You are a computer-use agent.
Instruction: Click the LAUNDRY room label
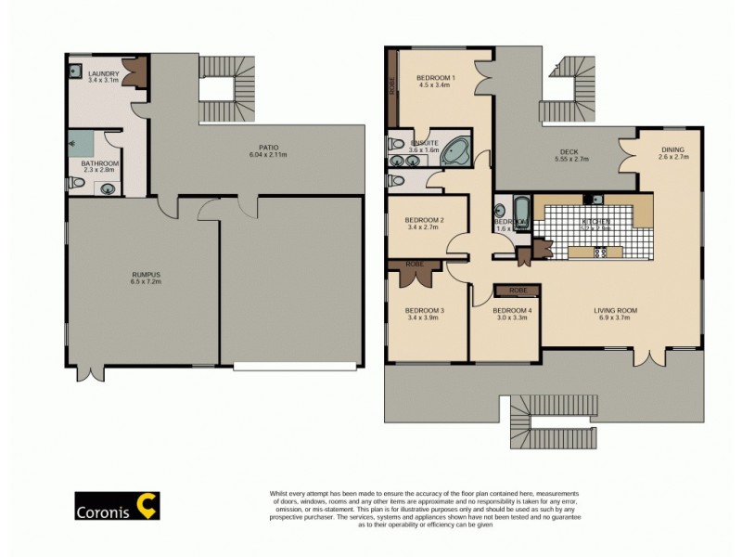pos(103,73)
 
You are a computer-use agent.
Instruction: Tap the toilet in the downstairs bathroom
pos(79,185)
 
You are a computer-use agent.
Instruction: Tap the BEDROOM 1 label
pos(434,77)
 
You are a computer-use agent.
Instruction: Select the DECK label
pos(569,153)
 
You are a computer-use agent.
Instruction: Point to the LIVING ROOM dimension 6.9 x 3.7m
pos(617,318)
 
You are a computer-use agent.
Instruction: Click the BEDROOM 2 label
pos(425,220)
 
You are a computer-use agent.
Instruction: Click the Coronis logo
pos(117,506)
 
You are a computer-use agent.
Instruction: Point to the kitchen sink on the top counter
pos(595,199)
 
